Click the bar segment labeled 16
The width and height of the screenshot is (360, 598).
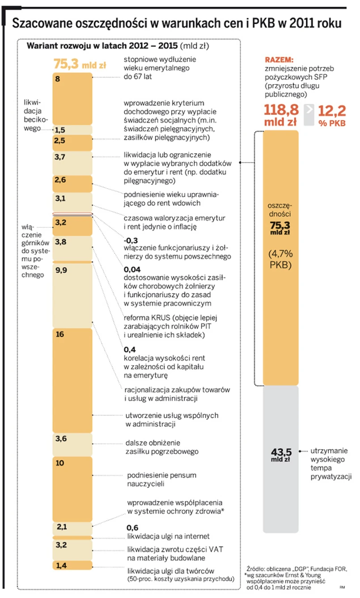pyautogui.click(x=72, y=380)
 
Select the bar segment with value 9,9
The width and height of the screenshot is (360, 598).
pyautogui.click(x=72, y=295)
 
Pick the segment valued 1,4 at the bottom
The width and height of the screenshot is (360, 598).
pyautogui.click(x=72, y=565)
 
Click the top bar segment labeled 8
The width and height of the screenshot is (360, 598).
pyautogui.click(x=72, y=98)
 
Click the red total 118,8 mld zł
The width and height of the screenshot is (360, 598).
pyautogui.click(x=281, y=115)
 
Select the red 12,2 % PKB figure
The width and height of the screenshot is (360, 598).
pyautogui.click(x=332, y=115)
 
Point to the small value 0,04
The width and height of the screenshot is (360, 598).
pyautogui.click(x=132, y=270)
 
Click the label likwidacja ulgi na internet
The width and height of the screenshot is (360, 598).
pyautogui.click(x=168, y=536)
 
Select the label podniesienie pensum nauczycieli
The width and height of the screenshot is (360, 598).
pyautogui.click(x=161, y=479)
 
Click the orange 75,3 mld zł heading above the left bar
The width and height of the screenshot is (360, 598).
pyautogui.click(x=80, y=64)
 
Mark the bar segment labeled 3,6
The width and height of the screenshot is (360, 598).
pyautogui.click(x=72, y=444)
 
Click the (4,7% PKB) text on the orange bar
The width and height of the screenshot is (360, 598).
pyautogui.click(x=280, y=259)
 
